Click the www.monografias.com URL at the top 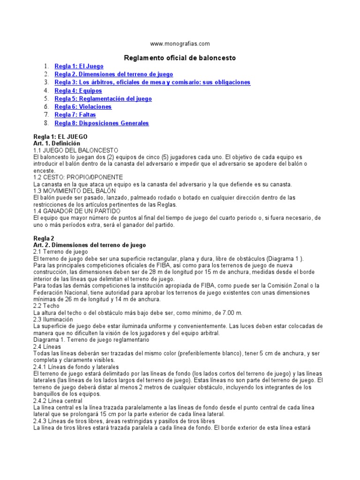tap(180, 44)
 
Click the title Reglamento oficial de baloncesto tap(180, 58)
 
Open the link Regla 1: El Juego tap(79, 67)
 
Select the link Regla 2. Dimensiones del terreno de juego tap(113, 75)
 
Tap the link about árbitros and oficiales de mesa tap(152, 82)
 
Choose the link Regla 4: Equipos tap(78, 90)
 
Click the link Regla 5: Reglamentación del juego tap(103, 99)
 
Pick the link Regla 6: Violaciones tap(83, 107)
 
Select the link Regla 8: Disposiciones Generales tap(102, 123)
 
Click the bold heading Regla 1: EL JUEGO tap(60, 136)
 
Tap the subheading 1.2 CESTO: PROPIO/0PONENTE tap(78, 177)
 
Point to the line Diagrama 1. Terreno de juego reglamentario tap(91, 339)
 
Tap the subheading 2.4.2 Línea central tap(58, 401)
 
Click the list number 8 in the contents tap(46, 123)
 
